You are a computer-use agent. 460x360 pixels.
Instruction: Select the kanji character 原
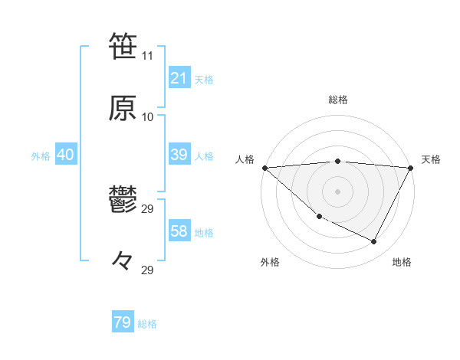click(123, 107)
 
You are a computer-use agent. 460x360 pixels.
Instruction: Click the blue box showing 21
click(179, 78)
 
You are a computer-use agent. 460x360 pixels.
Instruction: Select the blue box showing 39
click(179, 155)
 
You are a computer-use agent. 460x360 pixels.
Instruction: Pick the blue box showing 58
click(179, 231)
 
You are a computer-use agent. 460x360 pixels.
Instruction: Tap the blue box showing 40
click(65, 155)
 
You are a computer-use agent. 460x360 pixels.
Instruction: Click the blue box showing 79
click(123, 322)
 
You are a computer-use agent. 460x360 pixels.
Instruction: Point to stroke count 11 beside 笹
click(148, 56)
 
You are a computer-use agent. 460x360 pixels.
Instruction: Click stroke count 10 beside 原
click(148, 117)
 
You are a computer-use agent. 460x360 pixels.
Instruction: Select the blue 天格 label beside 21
click(204, 79)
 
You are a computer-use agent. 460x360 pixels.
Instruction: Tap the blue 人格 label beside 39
click(204, 155)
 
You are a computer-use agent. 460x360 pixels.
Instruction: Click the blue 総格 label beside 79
click(147, 323)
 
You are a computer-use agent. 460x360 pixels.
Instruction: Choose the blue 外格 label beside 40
click(41, 155)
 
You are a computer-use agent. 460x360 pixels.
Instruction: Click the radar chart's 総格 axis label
click(338, 100)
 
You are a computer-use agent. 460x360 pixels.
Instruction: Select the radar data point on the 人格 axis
click(264, 167)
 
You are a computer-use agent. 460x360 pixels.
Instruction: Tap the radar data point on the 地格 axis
click(374, 241)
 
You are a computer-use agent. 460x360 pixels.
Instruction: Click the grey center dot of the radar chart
click(338, 191)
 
